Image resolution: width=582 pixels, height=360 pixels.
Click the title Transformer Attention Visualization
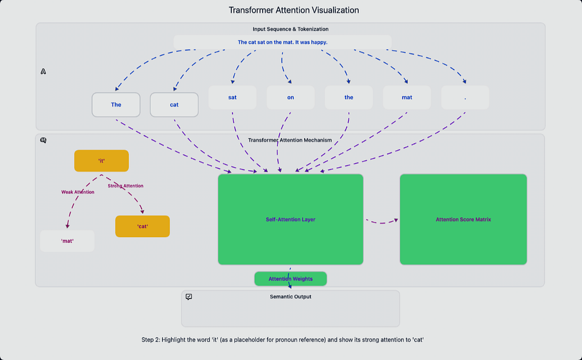pyautogui.click(x=294, y=10)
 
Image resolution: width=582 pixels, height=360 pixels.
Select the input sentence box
pyautogui.click(x=282, y=42)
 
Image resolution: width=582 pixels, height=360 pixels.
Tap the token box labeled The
pyautogui.click(x=116, y=105)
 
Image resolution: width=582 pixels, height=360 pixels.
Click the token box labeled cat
pyautogui.click(x=174, y=105)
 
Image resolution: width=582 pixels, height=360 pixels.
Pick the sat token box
pyautogui.click(x=232, y=97)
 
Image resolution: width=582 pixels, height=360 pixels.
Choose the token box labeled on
pyautogui.click(x=290, y=97)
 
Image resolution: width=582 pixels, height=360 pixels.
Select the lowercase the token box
pyautogui.click(x=349, y=97)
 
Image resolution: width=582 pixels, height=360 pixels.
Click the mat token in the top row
pyautogui.click(x=407, y=97)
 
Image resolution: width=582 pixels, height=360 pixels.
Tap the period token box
pyautogui.click(x=465, y=97)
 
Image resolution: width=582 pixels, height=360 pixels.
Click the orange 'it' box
pyautogui.click(x=101, y=161)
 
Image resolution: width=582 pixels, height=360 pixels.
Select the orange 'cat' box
pyautogui.click(x=143, y=226)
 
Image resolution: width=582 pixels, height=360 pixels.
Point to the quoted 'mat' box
pyautogui.click(x=67, y=241)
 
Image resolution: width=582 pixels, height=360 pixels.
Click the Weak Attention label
pyautogui.click(x=77, y=192)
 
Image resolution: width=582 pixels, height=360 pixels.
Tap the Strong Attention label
pyautogui.click(x=126, y=186)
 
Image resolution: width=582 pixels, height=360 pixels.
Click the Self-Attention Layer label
pyautogui.click(x=290, y=220)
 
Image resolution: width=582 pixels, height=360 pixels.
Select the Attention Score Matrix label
pyautogui.click(x=463, y=220)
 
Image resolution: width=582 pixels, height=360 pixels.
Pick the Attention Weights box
pyautogui.click(x=290, y=279)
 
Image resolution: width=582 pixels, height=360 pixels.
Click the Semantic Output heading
pyautogui.click(x=290, y=296)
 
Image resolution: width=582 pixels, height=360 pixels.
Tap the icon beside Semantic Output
pyautogui.click(x=189, y=297)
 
